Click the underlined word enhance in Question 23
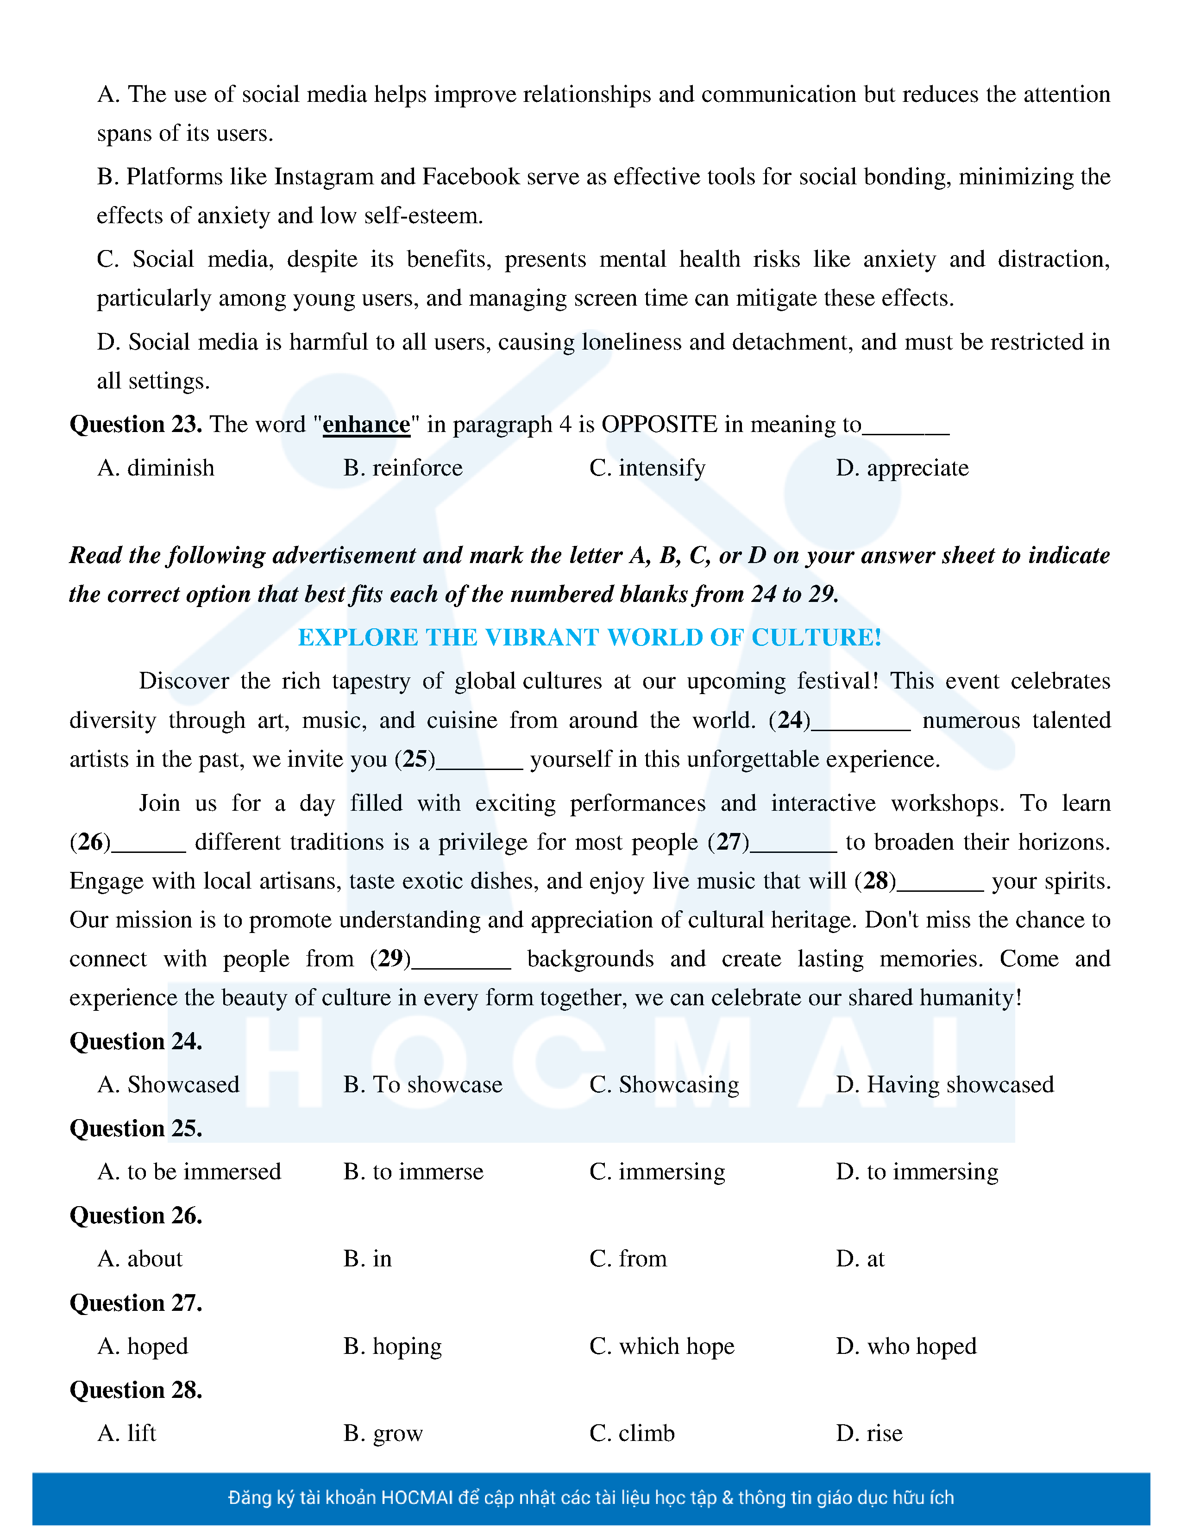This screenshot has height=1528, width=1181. [x=366, y=425]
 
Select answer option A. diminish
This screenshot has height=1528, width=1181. [x=156, y=468]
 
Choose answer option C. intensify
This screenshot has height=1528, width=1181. [x=647, y=468]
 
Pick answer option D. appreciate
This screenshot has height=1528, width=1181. [x=902, y=468]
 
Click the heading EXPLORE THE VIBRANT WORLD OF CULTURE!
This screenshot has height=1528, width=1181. [x=589, y=638]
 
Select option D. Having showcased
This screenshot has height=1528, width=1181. [x=944, y=1084]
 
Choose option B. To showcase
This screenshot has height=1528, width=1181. [x=422, y=1084]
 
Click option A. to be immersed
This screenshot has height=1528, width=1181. [x=189, y=1172]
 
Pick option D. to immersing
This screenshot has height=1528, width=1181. [x=917, y=1172]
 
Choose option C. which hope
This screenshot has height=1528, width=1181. [x=662, y=1346]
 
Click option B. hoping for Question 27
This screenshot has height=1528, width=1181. [x=392, y=1346]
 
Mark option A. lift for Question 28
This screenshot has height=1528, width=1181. [x=126, y=1433]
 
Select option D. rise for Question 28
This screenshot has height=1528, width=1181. [x=869, y=1433]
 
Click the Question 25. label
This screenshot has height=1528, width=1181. [x=136, y=1128]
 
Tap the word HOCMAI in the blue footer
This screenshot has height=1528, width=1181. [x=418, y=1498]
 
